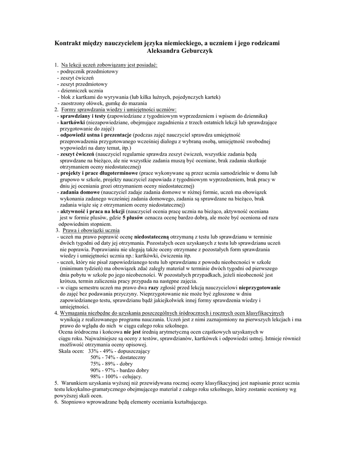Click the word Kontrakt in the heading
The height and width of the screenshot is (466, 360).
click(x=69, y=43)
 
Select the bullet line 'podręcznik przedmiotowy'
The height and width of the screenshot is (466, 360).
click(x=89, y=71)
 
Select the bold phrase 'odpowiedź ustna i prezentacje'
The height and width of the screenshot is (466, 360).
click(x=96, y=135)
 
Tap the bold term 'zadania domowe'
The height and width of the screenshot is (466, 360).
click(x=80, y=192)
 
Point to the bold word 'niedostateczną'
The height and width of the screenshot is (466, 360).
click(x=152, y=237)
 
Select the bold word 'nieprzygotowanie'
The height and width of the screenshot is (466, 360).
click(x=256, y=288)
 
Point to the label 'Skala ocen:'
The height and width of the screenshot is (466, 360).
click(x=71, y=351)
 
